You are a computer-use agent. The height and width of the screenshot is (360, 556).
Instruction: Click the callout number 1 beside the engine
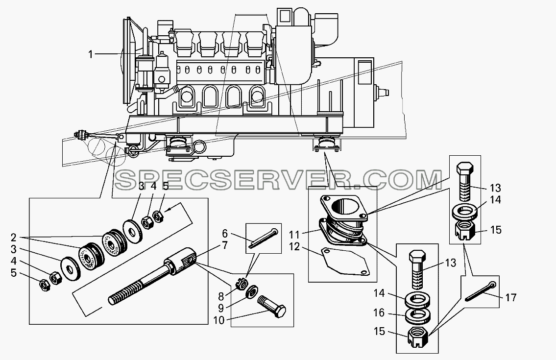click(91, 54)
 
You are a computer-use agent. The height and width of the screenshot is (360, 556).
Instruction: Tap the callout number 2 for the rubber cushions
click(14, 237)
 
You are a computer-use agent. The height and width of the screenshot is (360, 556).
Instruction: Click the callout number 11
click(294, 235)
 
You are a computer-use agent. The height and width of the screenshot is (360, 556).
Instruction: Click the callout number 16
click(379, 313)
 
